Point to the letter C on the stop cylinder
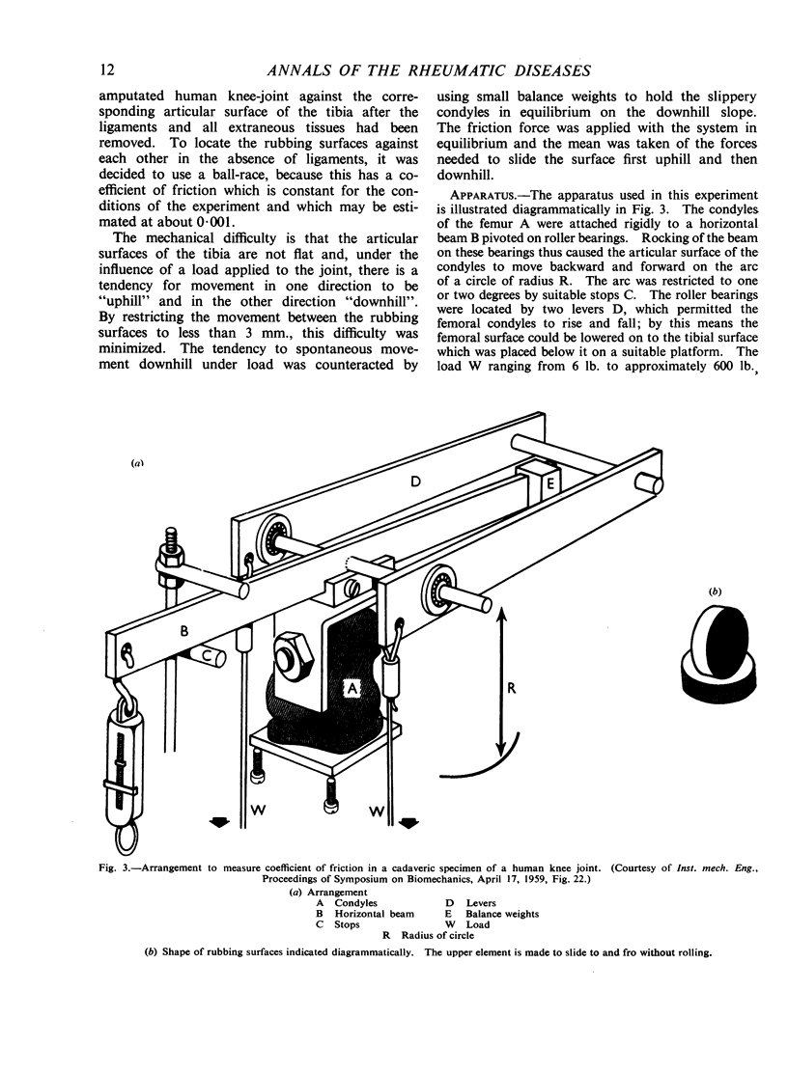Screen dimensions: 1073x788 click(208, 657)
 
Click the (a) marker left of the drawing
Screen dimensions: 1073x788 click(137, 463)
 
